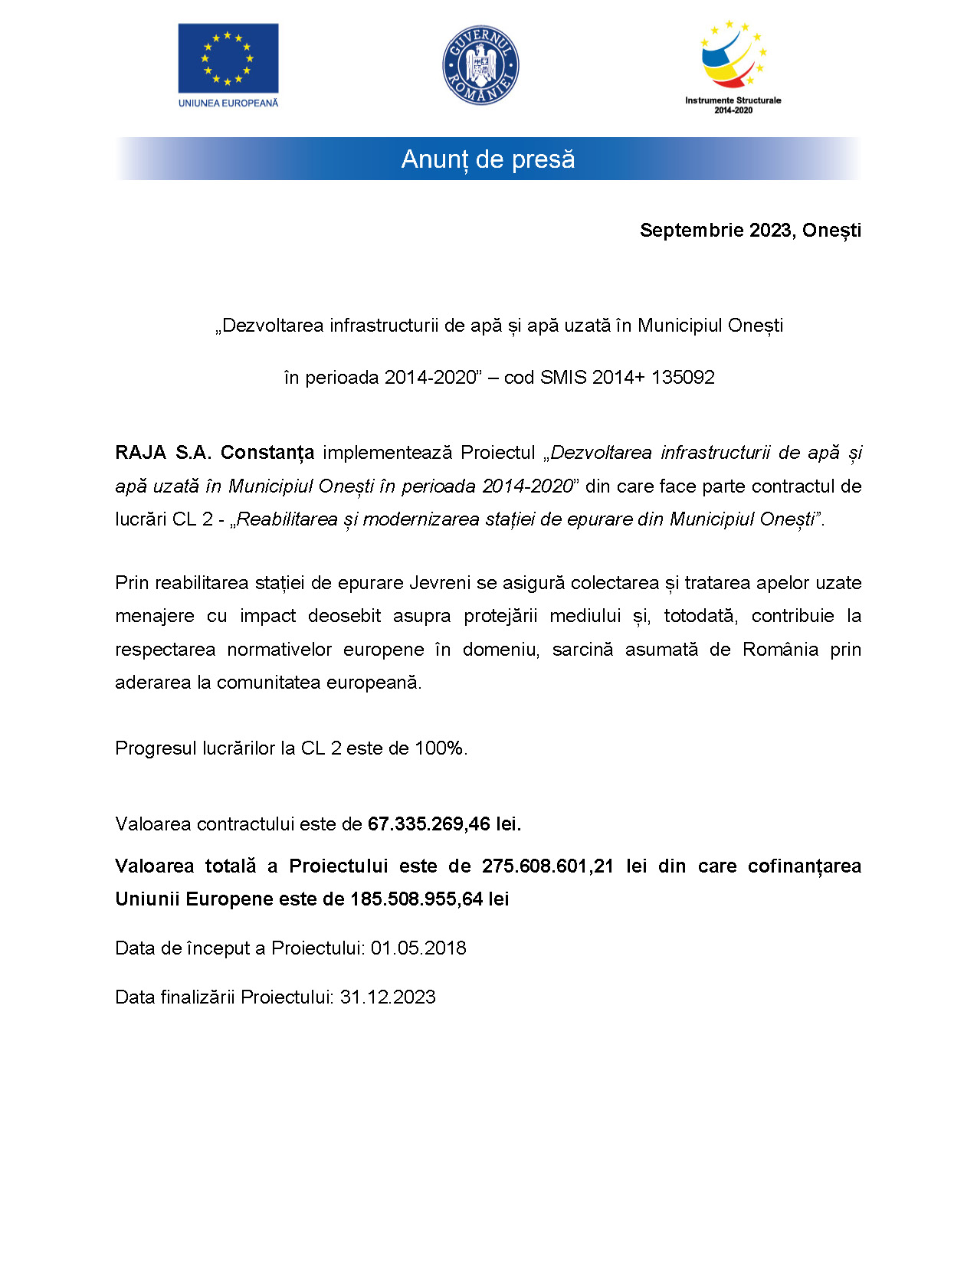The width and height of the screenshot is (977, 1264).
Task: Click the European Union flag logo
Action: tap(228, 58)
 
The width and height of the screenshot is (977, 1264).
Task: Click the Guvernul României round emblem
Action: tap(480, 65)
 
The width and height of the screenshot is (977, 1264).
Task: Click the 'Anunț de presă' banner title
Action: tap(488, 159)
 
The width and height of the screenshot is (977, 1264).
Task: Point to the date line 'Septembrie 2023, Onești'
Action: tap(750, 231)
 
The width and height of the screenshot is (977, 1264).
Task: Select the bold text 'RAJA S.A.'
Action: tap(162, 453)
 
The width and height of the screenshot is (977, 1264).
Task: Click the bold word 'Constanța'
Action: tap(267, 453)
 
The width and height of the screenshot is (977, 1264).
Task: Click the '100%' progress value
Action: tap(439, 748)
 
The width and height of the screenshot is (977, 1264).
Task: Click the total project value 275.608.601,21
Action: tap(547, 866)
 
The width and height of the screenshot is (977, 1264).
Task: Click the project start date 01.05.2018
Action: tap(418, 948)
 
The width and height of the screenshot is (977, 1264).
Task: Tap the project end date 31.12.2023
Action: tap(388, 997)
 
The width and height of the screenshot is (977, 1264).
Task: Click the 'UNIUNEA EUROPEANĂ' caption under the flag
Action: tap(228, 103)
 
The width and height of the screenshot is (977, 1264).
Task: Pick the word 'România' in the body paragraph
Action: tap(780, 650)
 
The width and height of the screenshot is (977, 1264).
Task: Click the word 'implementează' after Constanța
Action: tap(387, 453)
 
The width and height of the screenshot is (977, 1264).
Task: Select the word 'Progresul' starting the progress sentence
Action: tap(156, 748)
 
